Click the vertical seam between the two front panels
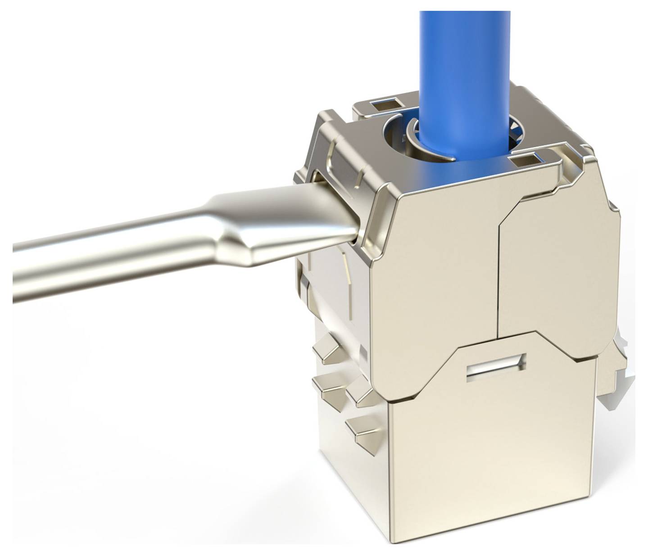pos(498,279)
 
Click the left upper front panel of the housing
pos(432,279)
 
